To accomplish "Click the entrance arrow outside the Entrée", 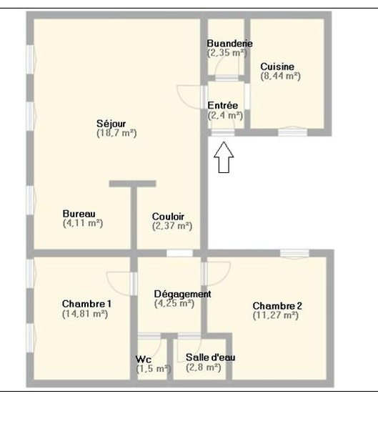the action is [x=224, y=157].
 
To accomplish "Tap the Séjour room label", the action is [x=111, y=124].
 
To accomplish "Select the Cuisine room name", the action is [x=277, y=66].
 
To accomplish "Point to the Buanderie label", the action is [x=229, y=43].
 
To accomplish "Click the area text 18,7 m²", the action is [x=116, y=133].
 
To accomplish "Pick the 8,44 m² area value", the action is [x=280, y=76].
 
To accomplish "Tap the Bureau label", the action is [x=79, y=214].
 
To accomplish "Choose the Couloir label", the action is [x=168, y=217].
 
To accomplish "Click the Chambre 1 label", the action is [x=86, y=304].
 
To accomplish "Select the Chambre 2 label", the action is [x=277, y=306].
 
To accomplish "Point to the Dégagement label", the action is [x=182, y=294].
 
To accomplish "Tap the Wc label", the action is [x=144, y=359].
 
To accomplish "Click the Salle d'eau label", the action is [x=210, y=357].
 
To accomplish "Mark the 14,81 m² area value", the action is [x=85, y=314].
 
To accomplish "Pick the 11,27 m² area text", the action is [x=275, y=315].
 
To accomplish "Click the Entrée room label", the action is [x=223, y=105].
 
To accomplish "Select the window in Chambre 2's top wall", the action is [x=294, y=253].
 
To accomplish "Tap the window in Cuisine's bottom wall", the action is [x=293, y=132].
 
